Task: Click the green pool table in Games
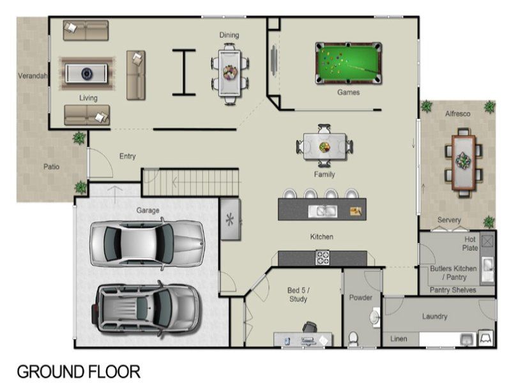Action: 348,63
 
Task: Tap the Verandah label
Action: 33,76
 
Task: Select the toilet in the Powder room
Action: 353,339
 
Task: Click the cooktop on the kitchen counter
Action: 323,257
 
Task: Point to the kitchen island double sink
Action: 323,211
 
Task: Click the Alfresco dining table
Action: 463,162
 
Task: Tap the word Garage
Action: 148,211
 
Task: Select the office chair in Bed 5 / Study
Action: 309,327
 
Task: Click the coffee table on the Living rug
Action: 86,73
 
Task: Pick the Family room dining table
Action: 324,146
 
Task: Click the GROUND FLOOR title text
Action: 79,372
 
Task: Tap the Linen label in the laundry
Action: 399,339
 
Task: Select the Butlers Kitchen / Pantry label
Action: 454,273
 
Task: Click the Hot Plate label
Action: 470,243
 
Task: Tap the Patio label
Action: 52,167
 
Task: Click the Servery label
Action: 449,220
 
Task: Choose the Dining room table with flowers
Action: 230,73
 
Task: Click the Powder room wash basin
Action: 375,317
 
